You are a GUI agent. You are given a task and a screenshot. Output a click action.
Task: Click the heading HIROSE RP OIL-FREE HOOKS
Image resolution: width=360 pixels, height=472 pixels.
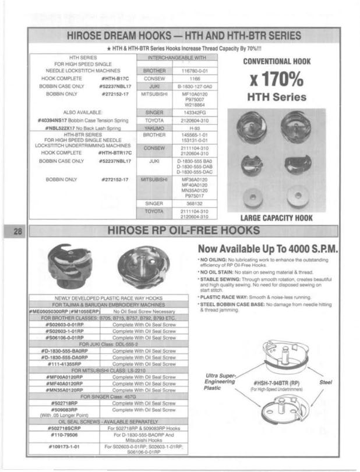(x=184, y=231)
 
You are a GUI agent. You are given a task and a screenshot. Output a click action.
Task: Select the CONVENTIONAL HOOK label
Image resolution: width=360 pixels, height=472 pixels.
(x=276, y=61)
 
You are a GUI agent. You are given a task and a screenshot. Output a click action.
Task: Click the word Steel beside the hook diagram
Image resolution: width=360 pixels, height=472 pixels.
(x=326, y=382)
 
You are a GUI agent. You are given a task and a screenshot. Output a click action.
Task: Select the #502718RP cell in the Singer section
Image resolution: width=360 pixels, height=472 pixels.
(x=65, y=402)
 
